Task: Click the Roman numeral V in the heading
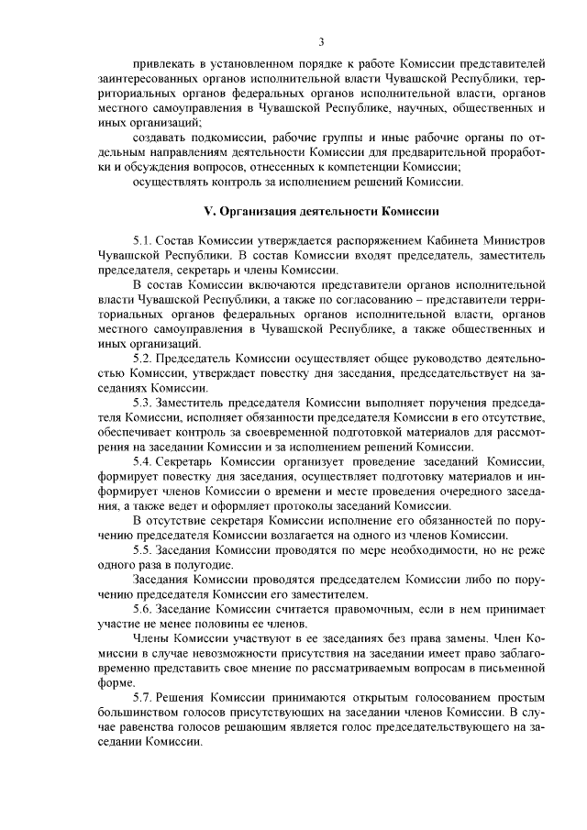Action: click(206, 211)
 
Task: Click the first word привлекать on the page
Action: click(164, 66)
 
